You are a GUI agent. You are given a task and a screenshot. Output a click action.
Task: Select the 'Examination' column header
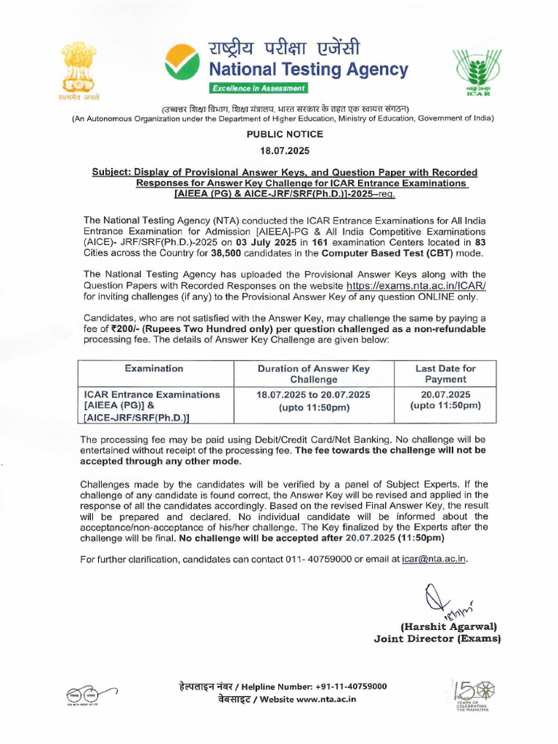pos(153,368)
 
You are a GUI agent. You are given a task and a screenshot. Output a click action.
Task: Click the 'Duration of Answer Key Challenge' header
pos(314,373)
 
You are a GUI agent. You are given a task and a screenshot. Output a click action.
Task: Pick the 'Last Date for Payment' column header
pos(445,373)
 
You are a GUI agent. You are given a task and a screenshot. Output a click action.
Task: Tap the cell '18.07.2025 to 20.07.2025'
pos(314,395)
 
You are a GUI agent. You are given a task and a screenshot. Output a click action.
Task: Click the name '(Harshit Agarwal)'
pos(448,626)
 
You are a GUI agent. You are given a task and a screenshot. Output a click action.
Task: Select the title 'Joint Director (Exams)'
pos(437,639)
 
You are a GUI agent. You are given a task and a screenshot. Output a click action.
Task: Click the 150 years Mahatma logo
pos(468,695)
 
